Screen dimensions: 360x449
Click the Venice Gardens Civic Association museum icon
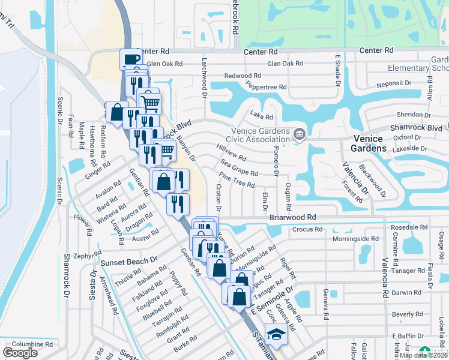(299, 133)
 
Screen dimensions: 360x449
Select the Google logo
(20, 353)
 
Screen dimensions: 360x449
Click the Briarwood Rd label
(293, 217)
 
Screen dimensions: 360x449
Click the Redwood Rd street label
(243, 76)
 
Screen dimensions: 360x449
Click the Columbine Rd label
(32, 344)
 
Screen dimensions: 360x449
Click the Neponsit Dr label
(394, 84)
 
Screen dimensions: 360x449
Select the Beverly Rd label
(407, 314)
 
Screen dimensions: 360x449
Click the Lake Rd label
(262, 115)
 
